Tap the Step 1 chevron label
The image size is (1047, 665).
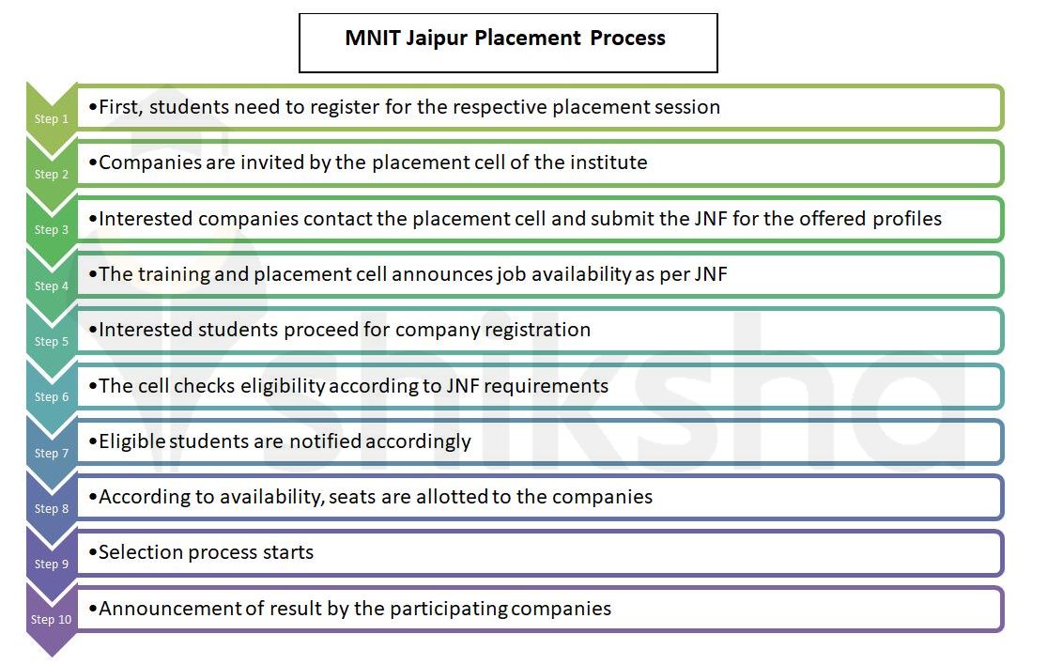[x=52, y=119]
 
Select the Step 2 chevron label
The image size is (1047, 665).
[x=52, y=175]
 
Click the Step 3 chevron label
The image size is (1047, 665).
[x=52, y=230]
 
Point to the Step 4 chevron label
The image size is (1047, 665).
[x=52, y=286]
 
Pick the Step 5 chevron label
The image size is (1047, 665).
[x=52, y=342]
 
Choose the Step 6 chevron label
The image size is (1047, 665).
[x=52, y=397]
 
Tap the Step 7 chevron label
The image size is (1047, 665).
[x=52, y=454]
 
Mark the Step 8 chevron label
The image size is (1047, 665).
[x=52, y=509]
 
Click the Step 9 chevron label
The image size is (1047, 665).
[x=52, y=564]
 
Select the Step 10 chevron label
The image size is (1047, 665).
[x=51, y=620]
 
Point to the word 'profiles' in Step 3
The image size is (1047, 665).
[x=904, y=219]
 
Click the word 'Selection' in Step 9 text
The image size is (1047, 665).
[x=139, y=552]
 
